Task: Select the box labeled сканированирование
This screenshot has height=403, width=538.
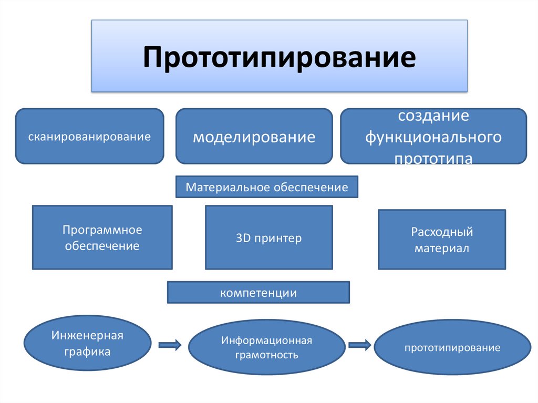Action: pyautogui.click(x=89, y=136)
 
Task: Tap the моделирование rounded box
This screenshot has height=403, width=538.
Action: pyautogui.click(x=254, y=136)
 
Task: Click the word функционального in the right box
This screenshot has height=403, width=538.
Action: pyautogui.click(x=433, y=137)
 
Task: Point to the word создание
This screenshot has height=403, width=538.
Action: pyautogui.click(x=433, y=116)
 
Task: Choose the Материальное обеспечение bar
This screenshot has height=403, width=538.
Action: pyautogui.click(x=266, y=187)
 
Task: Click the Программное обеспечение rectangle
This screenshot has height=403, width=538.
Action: pyautogui.click(x=102, y=237)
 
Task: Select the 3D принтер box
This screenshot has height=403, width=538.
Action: pyautogui.click(x=268, y=237)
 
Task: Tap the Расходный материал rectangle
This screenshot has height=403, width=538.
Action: pyautogui.click(x=442, y=239)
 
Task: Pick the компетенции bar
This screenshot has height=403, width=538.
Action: pyautogui.click(x=258, y=292)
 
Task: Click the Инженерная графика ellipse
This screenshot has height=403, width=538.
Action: pyautogui.click(x=88, y=343)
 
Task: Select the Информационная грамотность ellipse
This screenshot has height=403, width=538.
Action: pyautogui.click(x=266, y=347)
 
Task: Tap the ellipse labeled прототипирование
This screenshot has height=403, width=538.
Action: pyautogui.click(x=452, y=347)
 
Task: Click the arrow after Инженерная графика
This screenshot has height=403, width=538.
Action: pyautogui.click(x=170, y=345)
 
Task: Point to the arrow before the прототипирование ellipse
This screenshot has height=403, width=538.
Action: pyautogui.click(x=359, y=345)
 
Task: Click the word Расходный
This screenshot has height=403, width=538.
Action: pyautogui.click(x=442, y=232)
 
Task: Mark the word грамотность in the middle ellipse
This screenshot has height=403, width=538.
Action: pyautogui.click(x=266, y=355)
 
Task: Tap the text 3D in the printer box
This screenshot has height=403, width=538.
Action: pyautogui.click(x=243, y=237)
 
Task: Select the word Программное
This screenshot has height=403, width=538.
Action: pyautogui.click(x=102, y=230)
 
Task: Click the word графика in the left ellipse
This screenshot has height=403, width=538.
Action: pyautogui.click(x=87, y=352)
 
